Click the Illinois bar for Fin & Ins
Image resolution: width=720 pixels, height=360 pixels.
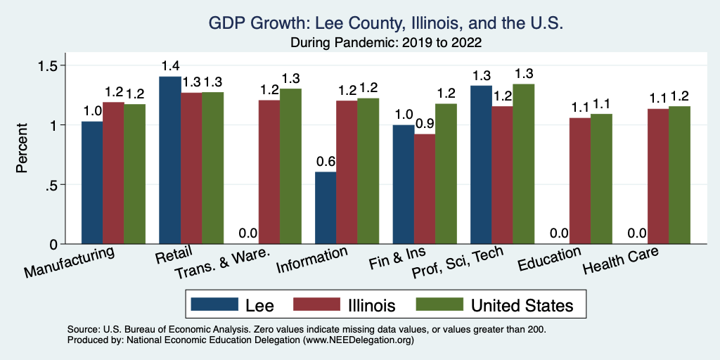pyautogui.click(x=425, y=189)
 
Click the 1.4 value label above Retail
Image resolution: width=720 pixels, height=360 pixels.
pyautogui.click(x=170, y=66)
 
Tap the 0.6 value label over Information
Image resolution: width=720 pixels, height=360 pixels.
pyautogui.click(x=326, y=162)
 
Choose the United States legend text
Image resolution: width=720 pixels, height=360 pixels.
pyautogui.click(x=522, y=305)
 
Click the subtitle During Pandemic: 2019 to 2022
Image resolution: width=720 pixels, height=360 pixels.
pyautogui.click(x=386, y=42)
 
